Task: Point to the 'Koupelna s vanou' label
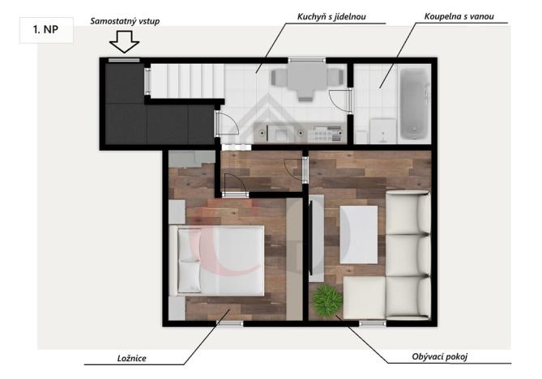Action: click(459, 15)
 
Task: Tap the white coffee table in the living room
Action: click(357, 234)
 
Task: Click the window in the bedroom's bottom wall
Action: click(229, 324)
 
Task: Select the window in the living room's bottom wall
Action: click(372, 324)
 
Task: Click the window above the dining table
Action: click(301, 60)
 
